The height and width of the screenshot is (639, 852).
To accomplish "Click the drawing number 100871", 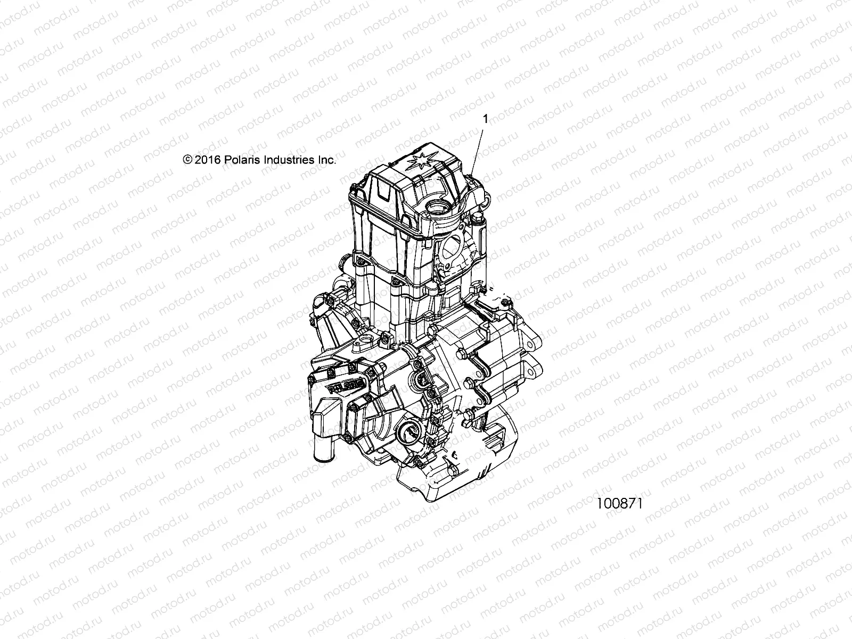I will click(x=620, y=503).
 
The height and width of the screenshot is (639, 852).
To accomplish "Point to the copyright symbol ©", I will click(x=187, y=160).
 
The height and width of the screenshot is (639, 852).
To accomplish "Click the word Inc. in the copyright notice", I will click(x=327, y=160).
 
